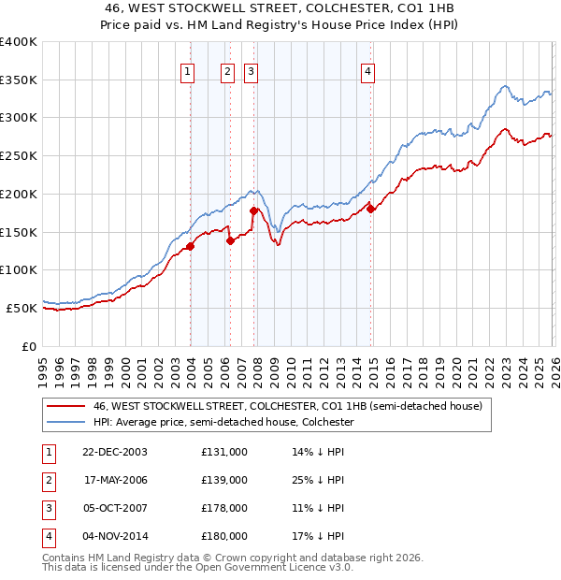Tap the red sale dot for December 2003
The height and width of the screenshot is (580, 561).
(190, 246)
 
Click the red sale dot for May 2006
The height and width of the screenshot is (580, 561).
(230, 240)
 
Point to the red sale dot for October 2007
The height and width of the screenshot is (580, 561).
(253, 210)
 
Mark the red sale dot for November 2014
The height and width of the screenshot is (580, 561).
(371, 209)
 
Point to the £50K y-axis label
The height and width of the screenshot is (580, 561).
(22, 308)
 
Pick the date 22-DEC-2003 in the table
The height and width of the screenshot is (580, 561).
(115, 452)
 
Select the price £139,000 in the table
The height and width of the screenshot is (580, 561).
(224, 480)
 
